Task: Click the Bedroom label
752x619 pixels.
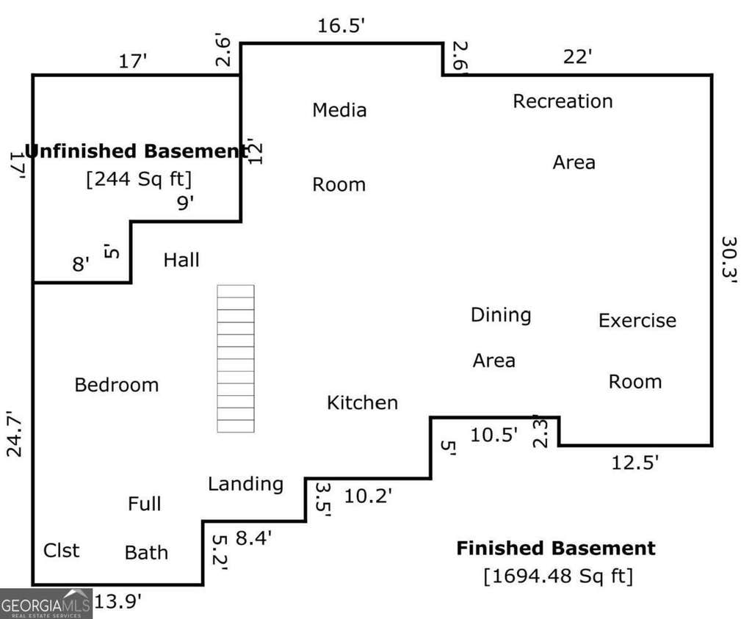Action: click(117, 385)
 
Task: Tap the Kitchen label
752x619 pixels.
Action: click(362, 403)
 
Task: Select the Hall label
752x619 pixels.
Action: click(181, 260)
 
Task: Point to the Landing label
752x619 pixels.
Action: click(245, 485)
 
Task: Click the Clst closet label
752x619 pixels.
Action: click(62, 551)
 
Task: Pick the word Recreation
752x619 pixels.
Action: click(563, 101)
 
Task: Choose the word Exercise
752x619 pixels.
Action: click(637, 320)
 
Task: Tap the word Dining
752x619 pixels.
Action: click(501, 316)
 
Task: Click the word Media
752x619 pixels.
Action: click(339, 110)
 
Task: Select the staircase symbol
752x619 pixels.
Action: click(236, 358)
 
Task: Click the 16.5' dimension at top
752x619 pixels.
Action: click(341, 26)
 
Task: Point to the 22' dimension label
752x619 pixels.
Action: click(577, 57)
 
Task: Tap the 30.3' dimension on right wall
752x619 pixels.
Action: click(729, 261)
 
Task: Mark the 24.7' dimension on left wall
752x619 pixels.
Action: click(15, 433)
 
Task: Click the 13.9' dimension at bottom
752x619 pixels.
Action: click(118, 601)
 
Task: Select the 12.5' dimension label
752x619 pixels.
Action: click(635, 463)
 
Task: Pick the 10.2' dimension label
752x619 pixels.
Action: click(368, 496)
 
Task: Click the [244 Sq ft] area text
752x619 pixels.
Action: click(139, 179)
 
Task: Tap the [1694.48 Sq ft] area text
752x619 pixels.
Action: click(558, 576)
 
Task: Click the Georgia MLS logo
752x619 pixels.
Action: click(46, 604)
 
